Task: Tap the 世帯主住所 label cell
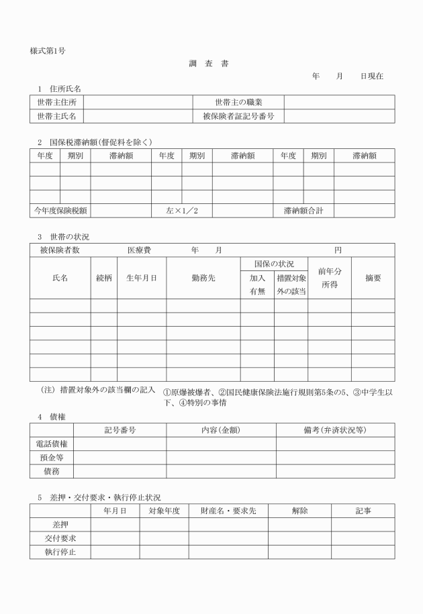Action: click(56, 102)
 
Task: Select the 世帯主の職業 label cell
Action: click(238, 102)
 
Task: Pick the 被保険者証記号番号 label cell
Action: click(238, 116)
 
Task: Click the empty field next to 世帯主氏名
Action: click(138, 116)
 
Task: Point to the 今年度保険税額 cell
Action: click(60, 211)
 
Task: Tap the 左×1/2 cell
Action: click(182, 211)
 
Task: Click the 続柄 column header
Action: click(104, 278)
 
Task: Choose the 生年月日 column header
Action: click(142, 278)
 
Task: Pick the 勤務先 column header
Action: click(203, 278)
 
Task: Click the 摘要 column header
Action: click(373, 278)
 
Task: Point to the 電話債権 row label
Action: click(52, 444)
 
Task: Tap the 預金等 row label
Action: click(52, 458)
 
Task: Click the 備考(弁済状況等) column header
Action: click(335, 429)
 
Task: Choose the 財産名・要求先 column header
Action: click(228, 511)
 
